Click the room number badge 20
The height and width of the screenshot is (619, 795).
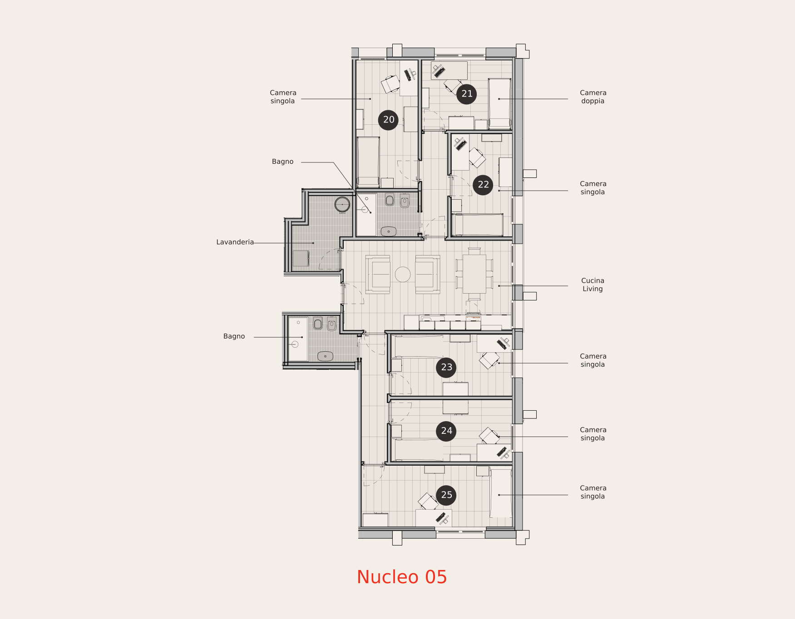388,120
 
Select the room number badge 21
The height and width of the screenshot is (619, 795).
467,94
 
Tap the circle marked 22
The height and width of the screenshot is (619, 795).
483,185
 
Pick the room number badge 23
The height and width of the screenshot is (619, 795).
446,367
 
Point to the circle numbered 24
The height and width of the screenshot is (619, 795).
446,431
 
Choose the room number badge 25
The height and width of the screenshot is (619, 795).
446,495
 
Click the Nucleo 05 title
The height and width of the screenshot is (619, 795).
402,577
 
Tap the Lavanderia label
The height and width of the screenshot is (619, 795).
235,242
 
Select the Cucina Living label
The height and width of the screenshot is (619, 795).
593,285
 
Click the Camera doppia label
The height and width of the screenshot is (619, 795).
593,97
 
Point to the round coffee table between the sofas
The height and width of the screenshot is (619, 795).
403,275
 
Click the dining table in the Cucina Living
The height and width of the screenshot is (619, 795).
474,274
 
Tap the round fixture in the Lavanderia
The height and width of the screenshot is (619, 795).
342,205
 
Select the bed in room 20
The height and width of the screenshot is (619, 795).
368,162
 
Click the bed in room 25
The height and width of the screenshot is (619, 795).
501,493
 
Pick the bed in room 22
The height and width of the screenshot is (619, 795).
478,225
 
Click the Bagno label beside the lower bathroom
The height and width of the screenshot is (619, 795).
234,336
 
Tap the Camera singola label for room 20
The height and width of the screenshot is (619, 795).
283,97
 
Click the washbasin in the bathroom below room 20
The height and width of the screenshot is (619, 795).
389,231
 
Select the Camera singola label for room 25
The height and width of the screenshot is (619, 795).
593,492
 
